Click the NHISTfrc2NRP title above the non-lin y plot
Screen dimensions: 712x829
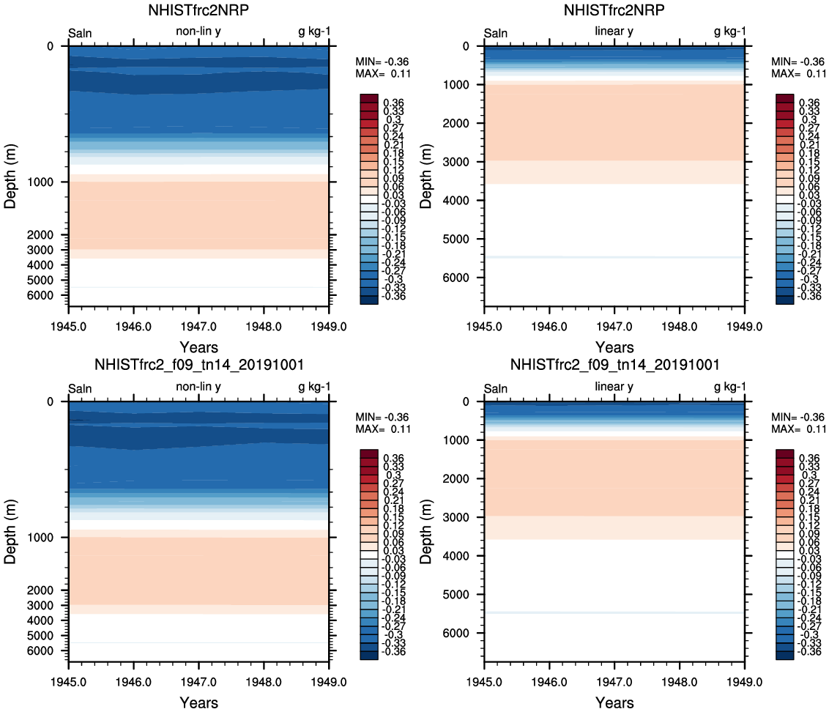point(199,10)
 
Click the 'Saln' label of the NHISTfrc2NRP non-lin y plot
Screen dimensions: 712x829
point(80,33)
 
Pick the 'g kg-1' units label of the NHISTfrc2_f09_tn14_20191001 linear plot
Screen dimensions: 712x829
point(729,387)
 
